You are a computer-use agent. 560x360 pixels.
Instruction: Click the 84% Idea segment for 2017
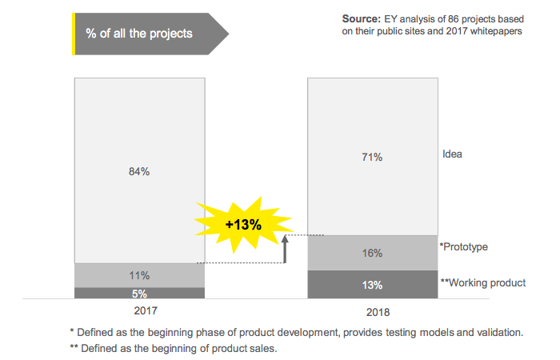click(x=139, y=170)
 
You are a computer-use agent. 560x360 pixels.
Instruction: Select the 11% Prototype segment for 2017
click(x=139, y=275)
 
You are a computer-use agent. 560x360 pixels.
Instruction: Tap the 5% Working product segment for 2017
click(x=139, y=293)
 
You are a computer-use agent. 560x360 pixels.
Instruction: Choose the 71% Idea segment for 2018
click(x=372, y=157)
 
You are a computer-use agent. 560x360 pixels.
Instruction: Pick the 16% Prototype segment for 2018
click(x=372, y=253)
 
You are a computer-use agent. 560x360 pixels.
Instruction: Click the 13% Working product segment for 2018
click(x=372, y=285)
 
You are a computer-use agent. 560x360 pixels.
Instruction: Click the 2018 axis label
click(x=372, y=312)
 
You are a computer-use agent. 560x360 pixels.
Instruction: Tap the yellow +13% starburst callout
click(x=242, y=224)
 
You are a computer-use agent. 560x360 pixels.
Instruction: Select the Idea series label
click(x=453, y=154)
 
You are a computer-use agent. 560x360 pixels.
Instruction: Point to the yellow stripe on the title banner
click(x=74, y=34)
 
